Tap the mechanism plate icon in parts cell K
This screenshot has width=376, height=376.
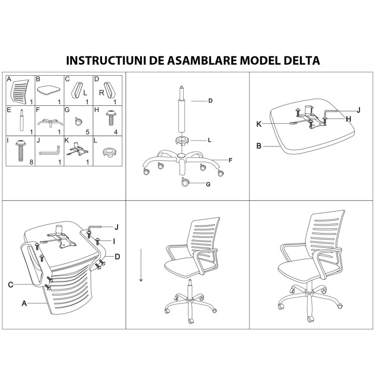coord(77,151)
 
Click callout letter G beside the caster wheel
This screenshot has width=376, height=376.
coord(208,184)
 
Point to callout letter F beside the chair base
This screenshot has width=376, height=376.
coord(231,161)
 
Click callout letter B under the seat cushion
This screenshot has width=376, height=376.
coord(259,146)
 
